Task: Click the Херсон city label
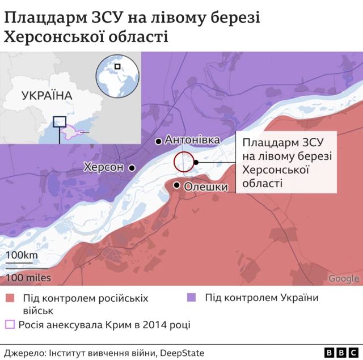pos(103,168)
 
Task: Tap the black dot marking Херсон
pos(132,168)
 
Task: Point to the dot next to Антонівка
pos(159,140)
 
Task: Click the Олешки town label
pos(206,187)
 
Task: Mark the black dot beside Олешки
pos(178,185)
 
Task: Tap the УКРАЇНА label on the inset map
pos(47,95)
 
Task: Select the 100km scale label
pos(22,255)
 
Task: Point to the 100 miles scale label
pos(29,278)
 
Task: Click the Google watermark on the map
pos(344,278)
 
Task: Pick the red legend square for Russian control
pos(9,298)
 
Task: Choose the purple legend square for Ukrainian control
pos(192,298)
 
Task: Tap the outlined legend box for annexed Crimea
pos(10,325)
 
